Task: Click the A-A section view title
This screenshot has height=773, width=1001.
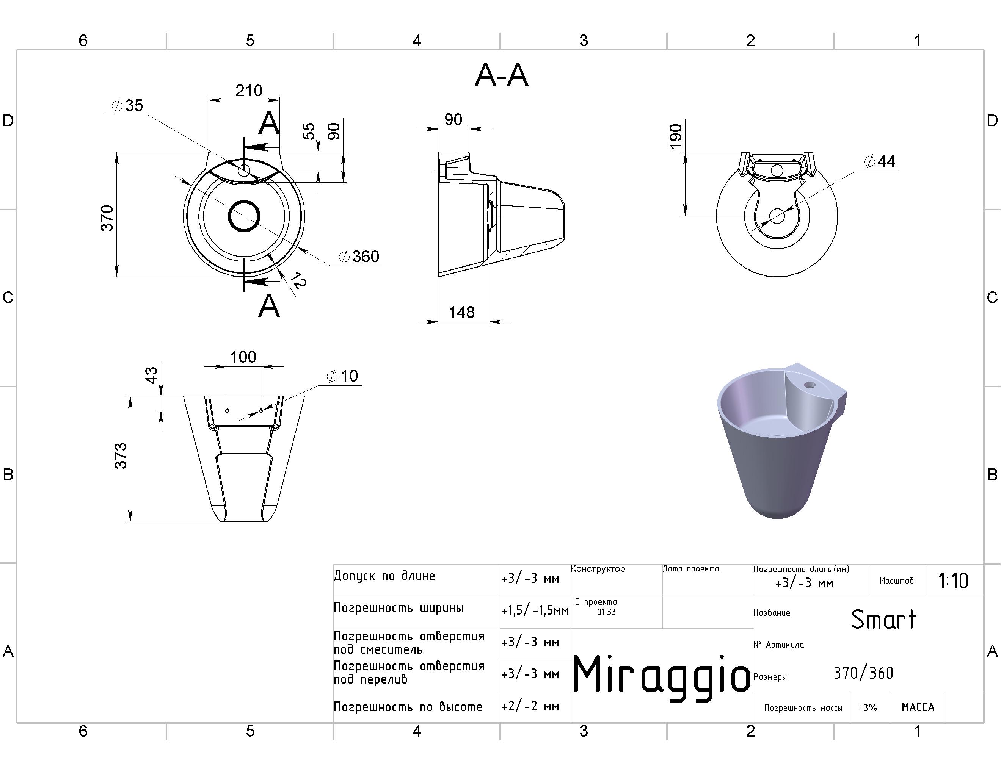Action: (x=501, y=75)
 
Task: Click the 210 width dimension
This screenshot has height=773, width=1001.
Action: (x=249, y=91)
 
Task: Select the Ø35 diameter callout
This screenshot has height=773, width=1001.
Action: (x=128, y=105)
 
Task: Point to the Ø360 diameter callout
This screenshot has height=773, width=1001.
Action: (x=359, y=257)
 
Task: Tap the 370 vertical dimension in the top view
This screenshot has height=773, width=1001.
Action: (x=107, y=218)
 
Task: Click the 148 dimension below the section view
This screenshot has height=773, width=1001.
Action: (x=461, y=312)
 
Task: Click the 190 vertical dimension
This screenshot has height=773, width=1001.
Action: (x=676, y=136)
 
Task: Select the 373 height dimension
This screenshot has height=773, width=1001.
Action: (x=121, y=455)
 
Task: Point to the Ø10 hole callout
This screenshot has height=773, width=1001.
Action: (x=342, y=376)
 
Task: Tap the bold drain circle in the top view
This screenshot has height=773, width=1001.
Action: (x=244, y=216)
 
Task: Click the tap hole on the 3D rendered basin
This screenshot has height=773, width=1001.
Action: (x=810, y=385)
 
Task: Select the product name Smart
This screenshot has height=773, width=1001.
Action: (x=883, y=620)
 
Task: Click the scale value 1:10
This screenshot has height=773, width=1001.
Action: (x=953, y=581)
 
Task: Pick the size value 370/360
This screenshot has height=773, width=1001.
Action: (x=863, y=673)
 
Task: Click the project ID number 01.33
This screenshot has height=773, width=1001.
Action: (x=606, y=612)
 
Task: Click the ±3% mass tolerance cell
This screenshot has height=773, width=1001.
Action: (x=868, y=708)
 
